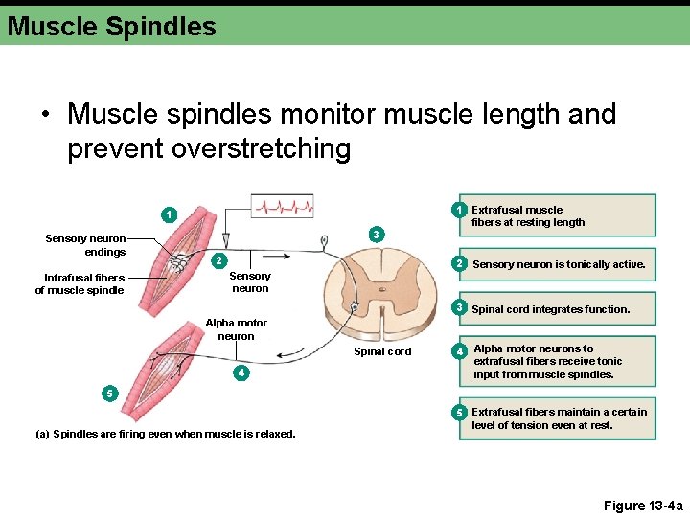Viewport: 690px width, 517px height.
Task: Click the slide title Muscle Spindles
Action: [112, 27]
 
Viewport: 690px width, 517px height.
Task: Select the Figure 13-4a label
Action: [643, 506]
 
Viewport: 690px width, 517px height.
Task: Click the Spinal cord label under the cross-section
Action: [382, 351]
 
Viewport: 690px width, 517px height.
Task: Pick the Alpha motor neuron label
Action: [236, 329]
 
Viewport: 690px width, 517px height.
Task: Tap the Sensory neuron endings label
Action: [85, 245]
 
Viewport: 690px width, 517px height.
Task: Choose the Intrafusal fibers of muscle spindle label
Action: [80, 284]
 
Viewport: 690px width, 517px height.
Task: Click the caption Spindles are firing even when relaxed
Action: [165, 434]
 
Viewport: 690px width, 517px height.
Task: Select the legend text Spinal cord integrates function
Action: [551, 309]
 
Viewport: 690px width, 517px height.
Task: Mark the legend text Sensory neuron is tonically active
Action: [560, 264]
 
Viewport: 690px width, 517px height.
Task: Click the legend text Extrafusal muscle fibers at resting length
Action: [528, 215]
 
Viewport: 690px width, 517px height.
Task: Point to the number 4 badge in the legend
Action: [460, 352]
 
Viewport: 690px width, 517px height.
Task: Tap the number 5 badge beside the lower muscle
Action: [110, 393]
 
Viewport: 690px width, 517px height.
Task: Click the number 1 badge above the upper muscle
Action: [168, 214]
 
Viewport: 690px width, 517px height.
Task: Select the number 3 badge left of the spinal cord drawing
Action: [377, 234]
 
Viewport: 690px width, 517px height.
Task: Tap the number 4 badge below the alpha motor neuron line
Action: [242, 372]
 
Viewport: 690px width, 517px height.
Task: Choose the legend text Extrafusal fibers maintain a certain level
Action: [559, 418]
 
